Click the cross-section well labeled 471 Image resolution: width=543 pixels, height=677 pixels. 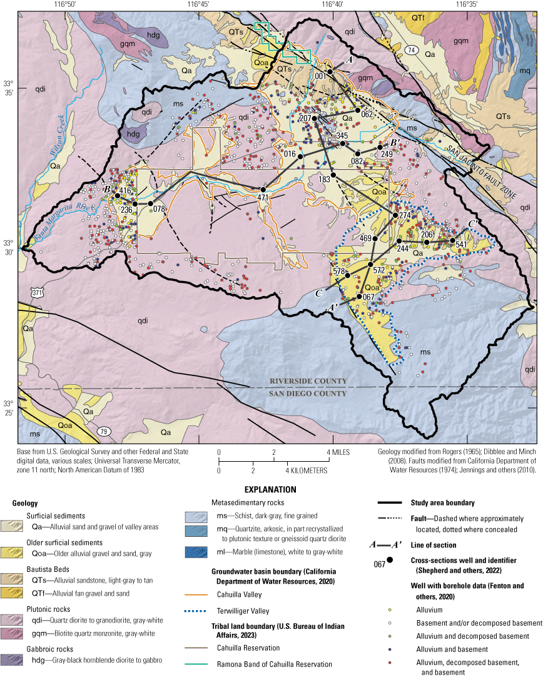tap(263, 189)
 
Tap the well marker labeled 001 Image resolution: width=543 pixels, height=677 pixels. tap(330, 73)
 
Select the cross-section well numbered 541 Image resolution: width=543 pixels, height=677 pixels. tap(453, 240)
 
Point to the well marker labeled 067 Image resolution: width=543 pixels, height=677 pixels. tap(358, 296)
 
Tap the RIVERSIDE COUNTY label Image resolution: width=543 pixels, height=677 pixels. tap(308, 381)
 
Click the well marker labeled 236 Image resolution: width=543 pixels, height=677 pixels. tap(135, 203)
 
